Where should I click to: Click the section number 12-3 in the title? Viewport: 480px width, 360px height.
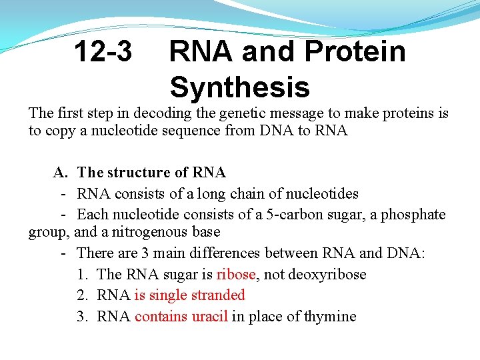(103, 51)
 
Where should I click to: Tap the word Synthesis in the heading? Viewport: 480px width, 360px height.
(239, 87)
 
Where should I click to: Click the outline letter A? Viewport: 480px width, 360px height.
(60, 173)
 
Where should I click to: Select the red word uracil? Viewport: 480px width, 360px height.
(209, 316)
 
